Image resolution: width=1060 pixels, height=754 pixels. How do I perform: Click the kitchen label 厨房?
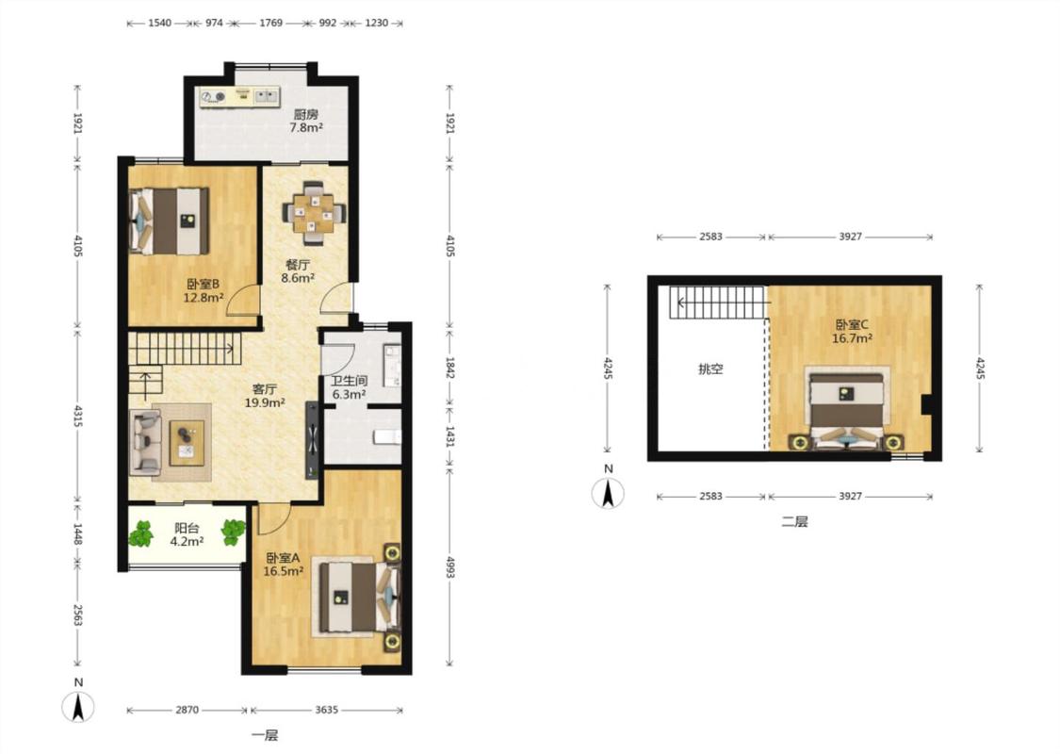(305, 114)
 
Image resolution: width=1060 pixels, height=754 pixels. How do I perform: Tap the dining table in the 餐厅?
(314, 214)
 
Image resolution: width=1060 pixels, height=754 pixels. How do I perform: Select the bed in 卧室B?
(169, 221)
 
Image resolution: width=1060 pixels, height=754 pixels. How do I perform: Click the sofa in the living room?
(146, 442)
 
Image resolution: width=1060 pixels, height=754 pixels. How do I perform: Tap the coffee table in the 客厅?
(187, 443)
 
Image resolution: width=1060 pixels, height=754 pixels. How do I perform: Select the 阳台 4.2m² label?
(187, 534)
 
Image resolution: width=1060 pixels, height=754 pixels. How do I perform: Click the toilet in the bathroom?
(386, 436)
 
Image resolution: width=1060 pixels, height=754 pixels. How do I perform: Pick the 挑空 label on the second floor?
(710, 369)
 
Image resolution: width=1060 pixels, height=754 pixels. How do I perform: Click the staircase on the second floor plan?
(718, 303)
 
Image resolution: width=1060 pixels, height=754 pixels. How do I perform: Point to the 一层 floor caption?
(265, 736)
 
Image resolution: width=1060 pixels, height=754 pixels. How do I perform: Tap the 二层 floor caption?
(794, 521)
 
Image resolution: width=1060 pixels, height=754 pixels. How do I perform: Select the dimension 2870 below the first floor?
(188, 710)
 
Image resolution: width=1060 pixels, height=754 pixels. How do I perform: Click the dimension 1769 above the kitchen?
(270, 23)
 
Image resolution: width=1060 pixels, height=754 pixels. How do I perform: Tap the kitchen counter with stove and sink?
(239, 97)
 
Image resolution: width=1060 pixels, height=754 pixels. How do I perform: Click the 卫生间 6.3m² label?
(349, 387)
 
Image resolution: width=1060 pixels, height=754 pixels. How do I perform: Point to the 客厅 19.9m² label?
(265, 396)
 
